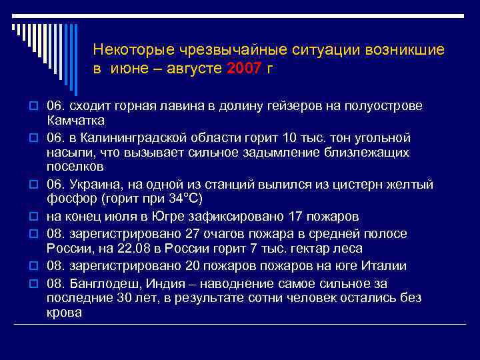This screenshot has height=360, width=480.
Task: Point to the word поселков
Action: pyautogui.click(x=75, y=167)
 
